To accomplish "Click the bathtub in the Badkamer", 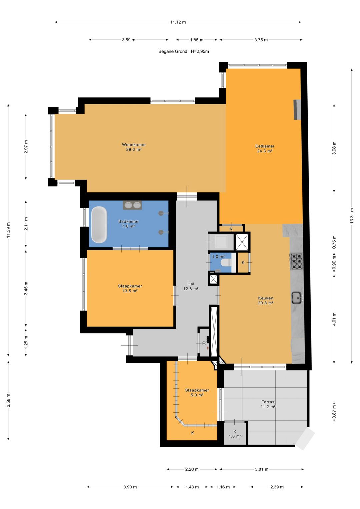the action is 99,225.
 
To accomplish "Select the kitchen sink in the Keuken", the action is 297,298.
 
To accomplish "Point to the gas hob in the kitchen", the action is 297,261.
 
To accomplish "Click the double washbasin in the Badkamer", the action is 132,205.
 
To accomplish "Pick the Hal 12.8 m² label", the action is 191,286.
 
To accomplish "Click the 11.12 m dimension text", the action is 178,22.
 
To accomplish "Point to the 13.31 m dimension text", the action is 352,216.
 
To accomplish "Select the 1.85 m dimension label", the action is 197,40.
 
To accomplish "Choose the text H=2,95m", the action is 200,51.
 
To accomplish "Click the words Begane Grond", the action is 173,51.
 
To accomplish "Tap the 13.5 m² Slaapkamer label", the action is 130,288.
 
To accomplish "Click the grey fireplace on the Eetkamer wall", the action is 297,110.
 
